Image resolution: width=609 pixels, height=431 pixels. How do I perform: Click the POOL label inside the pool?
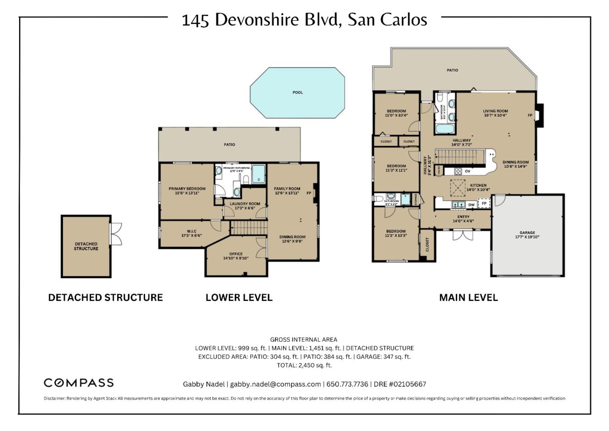coord(297,92)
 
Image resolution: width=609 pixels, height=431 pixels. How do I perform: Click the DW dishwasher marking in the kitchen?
coord(471,205)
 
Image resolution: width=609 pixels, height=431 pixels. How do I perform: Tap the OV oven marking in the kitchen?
coord(467,171)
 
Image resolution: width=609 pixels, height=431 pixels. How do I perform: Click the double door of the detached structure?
coord(115,234)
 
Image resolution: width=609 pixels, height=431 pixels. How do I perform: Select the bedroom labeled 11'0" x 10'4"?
coord(396,113)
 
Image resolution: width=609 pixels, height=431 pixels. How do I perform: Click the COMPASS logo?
coord(79,383)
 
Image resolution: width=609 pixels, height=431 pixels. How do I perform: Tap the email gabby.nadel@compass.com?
coord(275,384)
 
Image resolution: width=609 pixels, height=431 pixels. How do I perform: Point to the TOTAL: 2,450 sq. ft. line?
coord(304,365)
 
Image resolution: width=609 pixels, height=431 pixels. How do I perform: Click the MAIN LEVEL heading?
coord(468,298)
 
